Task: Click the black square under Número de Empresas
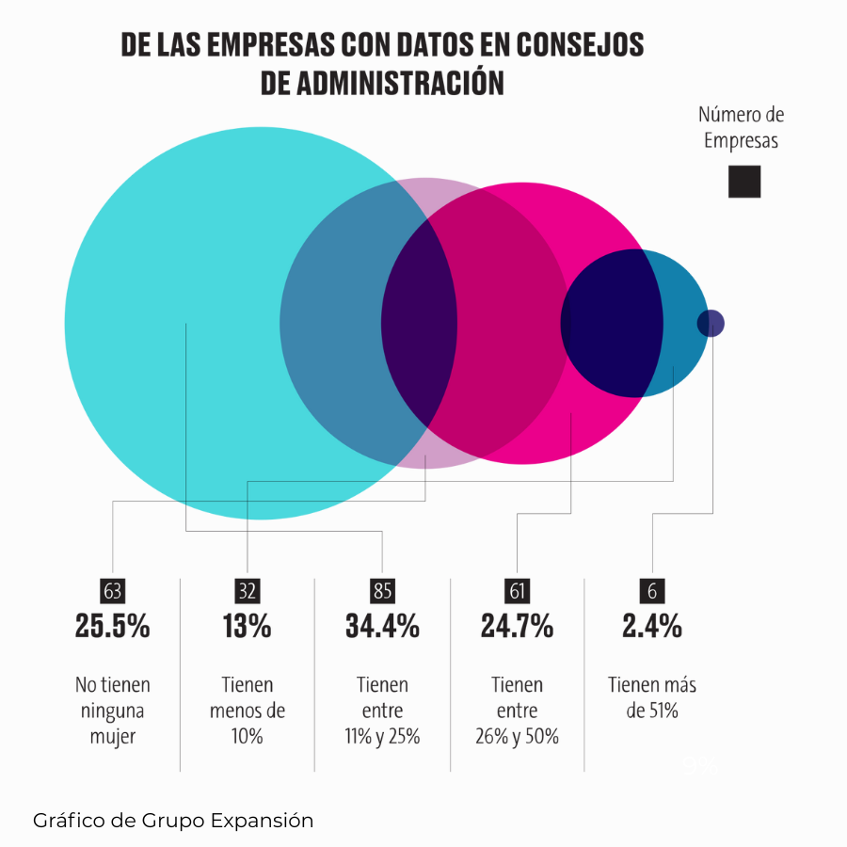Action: tap(743, 181)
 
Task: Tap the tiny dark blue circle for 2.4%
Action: tap(711, 324)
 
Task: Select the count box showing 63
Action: tap(113, 591)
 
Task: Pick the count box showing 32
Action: tap(248, 591)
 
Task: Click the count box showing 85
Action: tap(382, 591)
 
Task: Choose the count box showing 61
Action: tap(518, 591)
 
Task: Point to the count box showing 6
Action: tap(652, 591)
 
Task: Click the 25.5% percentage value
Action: tap(113, 627)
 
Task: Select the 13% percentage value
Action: tap(248, 627)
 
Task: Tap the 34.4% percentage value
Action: tap(382, 627)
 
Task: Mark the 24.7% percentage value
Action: tap(518, 627)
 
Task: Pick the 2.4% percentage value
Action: tap(652, 627)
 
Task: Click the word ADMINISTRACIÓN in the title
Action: tap(404, 83)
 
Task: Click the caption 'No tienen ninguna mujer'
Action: tap(113, 711)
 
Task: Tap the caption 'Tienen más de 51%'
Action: tap(652, 697)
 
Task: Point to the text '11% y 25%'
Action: tap(382, 736)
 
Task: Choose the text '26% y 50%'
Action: tap(518, 736)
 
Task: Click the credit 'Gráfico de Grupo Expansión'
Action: tap(173, 821)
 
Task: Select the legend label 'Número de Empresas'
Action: tap(742, 128)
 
